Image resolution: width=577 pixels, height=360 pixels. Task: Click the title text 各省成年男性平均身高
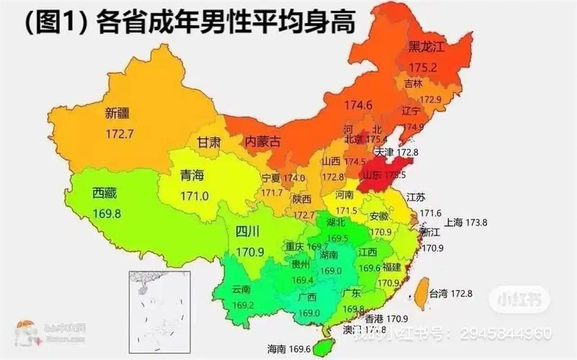(225, 22)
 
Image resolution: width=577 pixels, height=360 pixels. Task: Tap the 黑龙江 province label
(426, 47)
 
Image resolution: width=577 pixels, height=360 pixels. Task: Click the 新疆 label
(117, 113)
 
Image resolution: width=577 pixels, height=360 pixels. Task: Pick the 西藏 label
(104, 193)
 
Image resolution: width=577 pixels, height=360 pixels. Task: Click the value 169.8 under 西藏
(107, 213)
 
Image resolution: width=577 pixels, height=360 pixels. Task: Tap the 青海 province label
(192, 175)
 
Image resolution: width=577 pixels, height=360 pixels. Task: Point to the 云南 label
(242, 289)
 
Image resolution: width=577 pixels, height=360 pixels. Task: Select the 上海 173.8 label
(466, 222)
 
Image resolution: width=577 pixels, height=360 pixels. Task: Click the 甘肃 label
(209, 143)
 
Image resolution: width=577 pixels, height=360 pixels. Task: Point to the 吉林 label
(413, 83)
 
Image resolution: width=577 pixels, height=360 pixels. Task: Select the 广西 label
(307, 297)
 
